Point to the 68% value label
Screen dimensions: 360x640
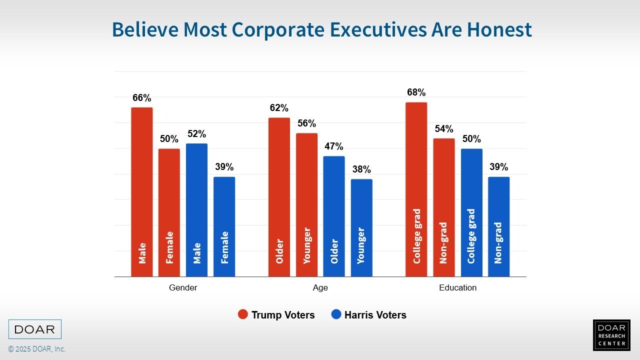(416, 92)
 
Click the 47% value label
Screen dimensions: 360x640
(334, 146)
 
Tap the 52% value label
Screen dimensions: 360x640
(196, 134)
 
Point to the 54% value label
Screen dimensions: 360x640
(444, 129)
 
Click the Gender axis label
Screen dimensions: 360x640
(183, 288)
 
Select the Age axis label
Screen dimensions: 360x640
(320, 288)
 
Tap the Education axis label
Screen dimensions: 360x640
(457, 288)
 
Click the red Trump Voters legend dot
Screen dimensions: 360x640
(243, 315)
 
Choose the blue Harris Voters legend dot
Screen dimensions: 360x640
(336, 315)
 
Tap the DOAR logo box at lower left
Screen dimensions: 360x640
(35, 329)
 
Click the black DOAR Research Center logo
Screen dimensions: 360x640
(611, 335)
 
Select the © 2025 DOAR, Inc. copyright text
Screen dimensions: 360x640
(36, 349)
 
